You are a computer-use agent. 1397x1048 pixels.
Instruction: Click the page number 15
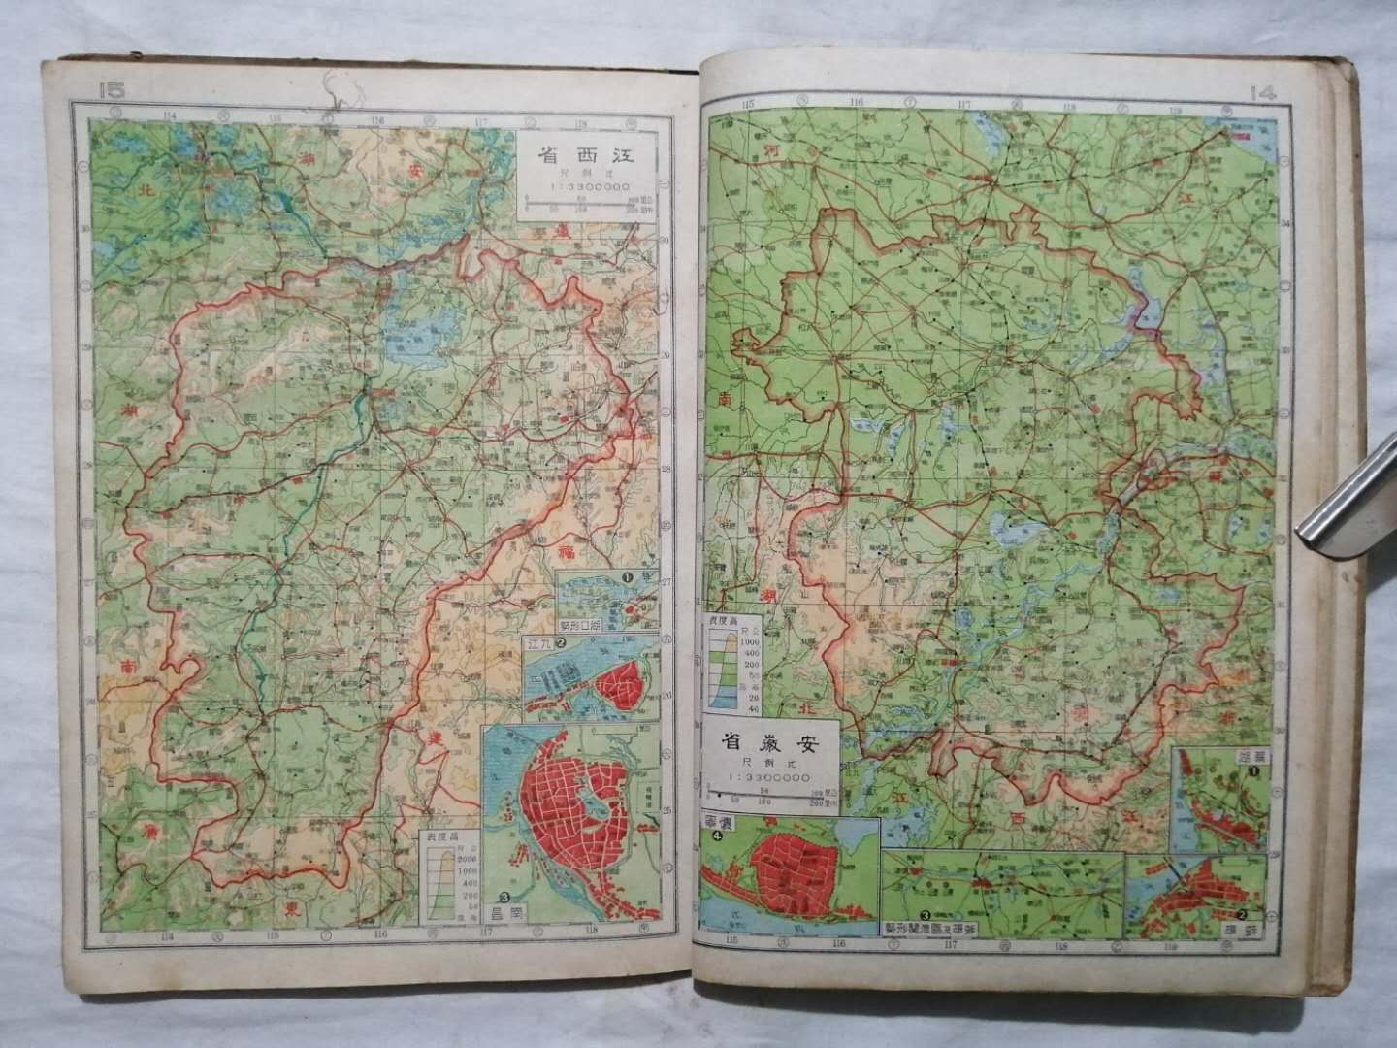click(x=112, y=90)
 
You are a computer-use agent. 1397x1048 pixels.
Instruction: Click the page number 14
click(x=1264, y=93)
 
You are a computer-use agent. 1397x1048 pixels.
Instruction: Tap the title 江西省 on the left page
click(x=585, y=154)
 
